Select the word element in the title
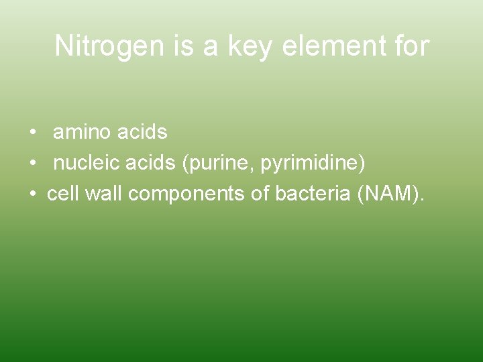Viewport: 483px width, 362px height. pyautogui.click(x=333, y=46)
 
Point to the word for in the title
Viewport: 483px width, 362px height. pyautogui.click(x=409, y=46)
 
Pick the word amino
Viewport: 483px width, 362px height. pyautogui.click(x=82, y=133)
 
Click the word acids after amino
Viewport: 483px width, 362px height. pyautogui.click(x=142, y=133)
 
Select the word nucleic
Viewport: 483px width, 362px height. pyautogui.click(x=83, y=163)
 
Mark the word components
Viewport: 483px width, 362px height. pyautogui.click(x=180, y=194)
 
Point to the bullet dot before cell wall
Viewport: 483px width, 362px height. pyautogui.click(x=33, y=194)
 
